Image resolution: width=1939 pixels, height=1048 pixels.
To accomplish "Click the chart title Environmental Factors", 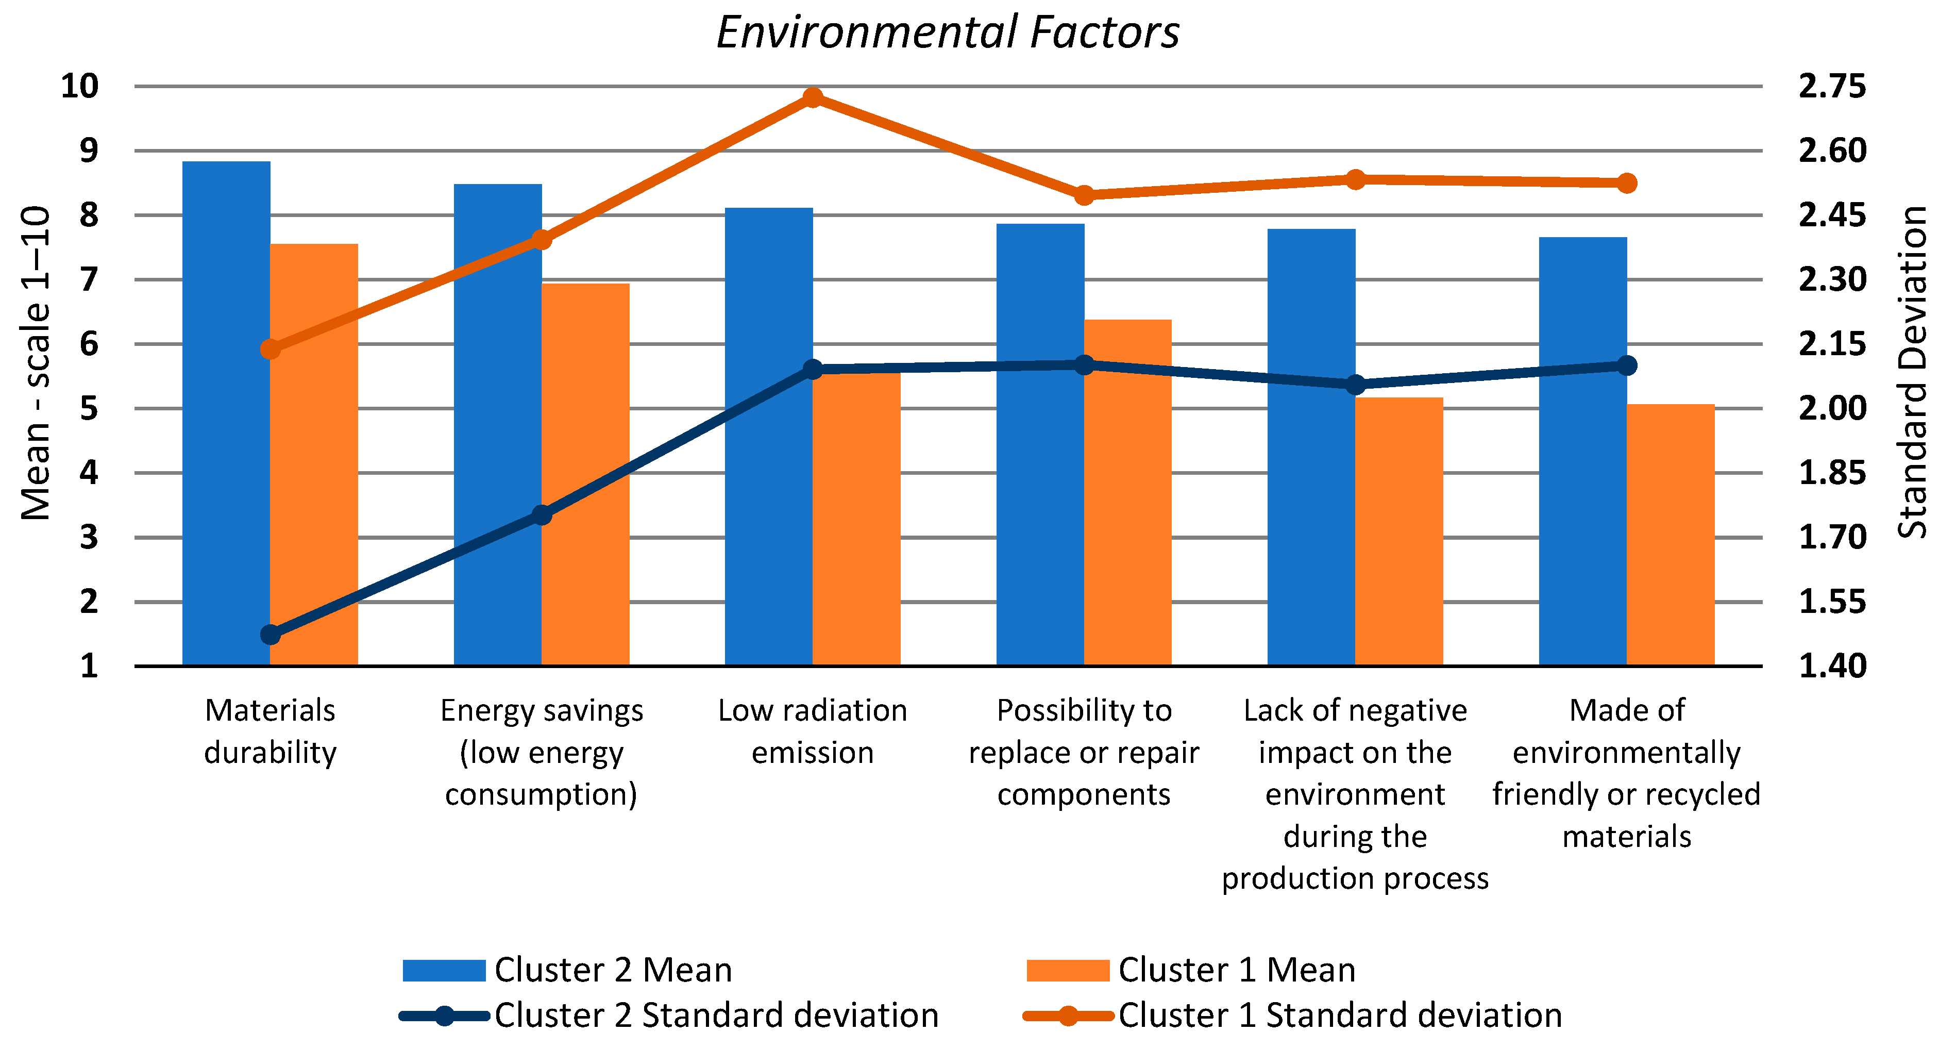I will coord(947,33).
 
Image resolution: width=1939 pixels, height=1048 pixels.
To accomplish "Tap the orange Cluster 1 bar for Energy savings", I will coord(585,474).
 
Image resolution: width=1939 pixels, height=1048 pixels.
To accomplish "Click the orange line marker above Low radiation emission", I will coord(812,97).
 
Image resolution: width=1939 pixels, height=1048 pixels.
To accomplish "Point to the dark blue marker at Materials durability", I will coord(270,635).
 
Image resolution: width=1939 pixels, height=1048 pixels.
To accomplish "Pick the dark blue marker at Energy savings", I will coord(541,515).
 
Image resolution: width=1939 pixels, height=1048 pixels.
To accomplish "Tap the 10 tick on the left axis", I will coord(79,87).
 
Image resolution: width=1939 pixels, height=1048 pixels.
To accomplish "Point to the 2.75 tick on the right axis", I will coord(1832,87).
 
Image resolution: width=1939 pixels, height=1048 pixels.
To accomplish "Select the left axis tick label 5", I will coord(89,409).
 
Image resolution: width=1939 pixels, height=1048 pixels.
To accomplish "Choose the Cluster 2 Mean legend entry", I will coord(568,970).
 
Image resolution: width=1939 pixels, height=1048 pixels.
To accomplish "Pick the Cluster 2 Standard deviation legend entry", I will coord(670,1016).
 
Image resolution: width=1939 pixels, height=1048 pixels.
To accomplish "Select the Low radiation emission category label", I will coord(812,731).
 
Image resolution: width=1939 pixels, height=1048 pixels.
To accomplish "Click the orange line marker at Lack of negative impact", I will coord(1355,179).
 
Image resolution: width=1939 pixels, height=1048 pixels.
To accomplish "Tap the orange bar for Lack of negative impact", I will coord(1398,531).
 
